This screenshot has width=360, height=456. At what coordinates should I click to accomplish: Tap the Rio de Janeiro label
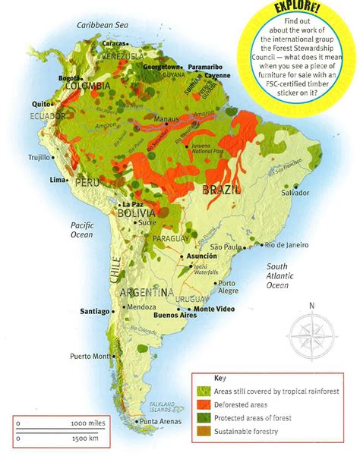point(286,244)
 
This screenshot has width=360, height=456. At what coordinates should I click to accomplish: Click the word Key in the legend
point(220,377)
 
